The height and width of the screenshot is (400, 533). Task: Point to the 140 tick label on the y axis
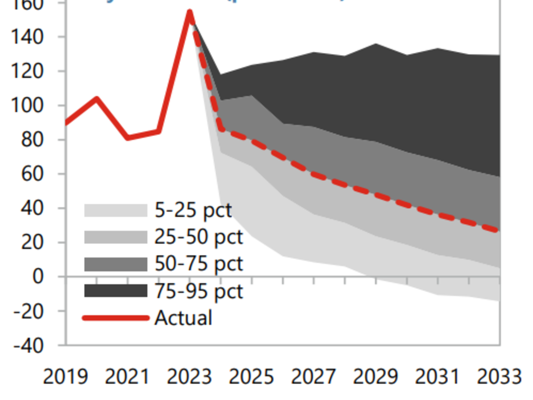(27, 37)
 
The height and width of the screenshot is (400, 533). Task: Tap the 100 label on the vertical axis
(27, 106)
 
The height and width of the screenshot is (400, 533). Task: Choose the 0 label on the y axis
(38, 277)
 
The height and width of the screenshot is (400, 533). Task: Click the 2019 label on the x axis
(66, 377)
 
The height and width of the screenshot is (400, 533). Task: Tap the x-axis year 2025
(251, 377)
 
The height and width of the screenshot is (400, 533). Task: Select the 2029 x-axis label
(375, 377)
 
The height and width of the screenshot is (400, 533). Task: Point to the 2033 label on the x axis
(499, 377)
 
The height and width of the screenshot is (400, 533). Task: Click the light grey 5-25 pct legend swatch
(116, 210)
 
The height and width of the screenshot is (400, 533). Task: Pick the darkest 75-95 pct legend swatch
(116, 291)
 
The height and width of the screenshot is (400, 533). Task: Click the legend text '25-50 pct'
(198, 237)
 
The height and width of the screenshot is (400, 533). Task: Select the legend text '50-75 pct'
(198, 264)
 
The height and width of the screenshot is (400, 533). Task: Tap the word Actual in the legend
(183, 318)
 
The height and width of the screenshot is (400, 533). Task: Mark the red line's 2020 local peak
(97, 99)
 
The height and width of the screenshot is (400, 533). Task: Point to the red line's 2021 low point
(128, 137)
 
